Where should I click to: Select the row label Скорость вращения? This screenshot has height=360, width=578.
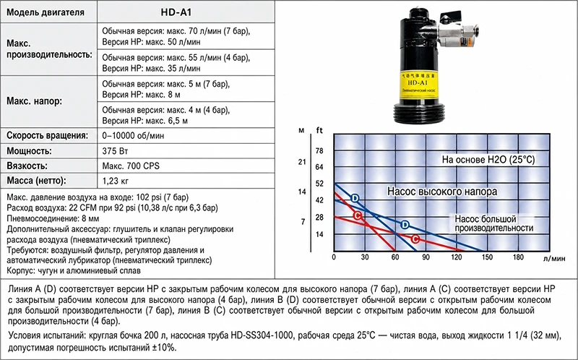pyautogui.click(x=48, y=135)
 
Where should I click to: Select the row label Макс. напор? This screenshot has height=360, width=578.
pyautogui.click(x=34, y=101)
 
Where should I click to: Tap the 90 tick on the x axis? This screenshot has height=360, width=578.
pyautogui.click(x=426, y=257)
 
